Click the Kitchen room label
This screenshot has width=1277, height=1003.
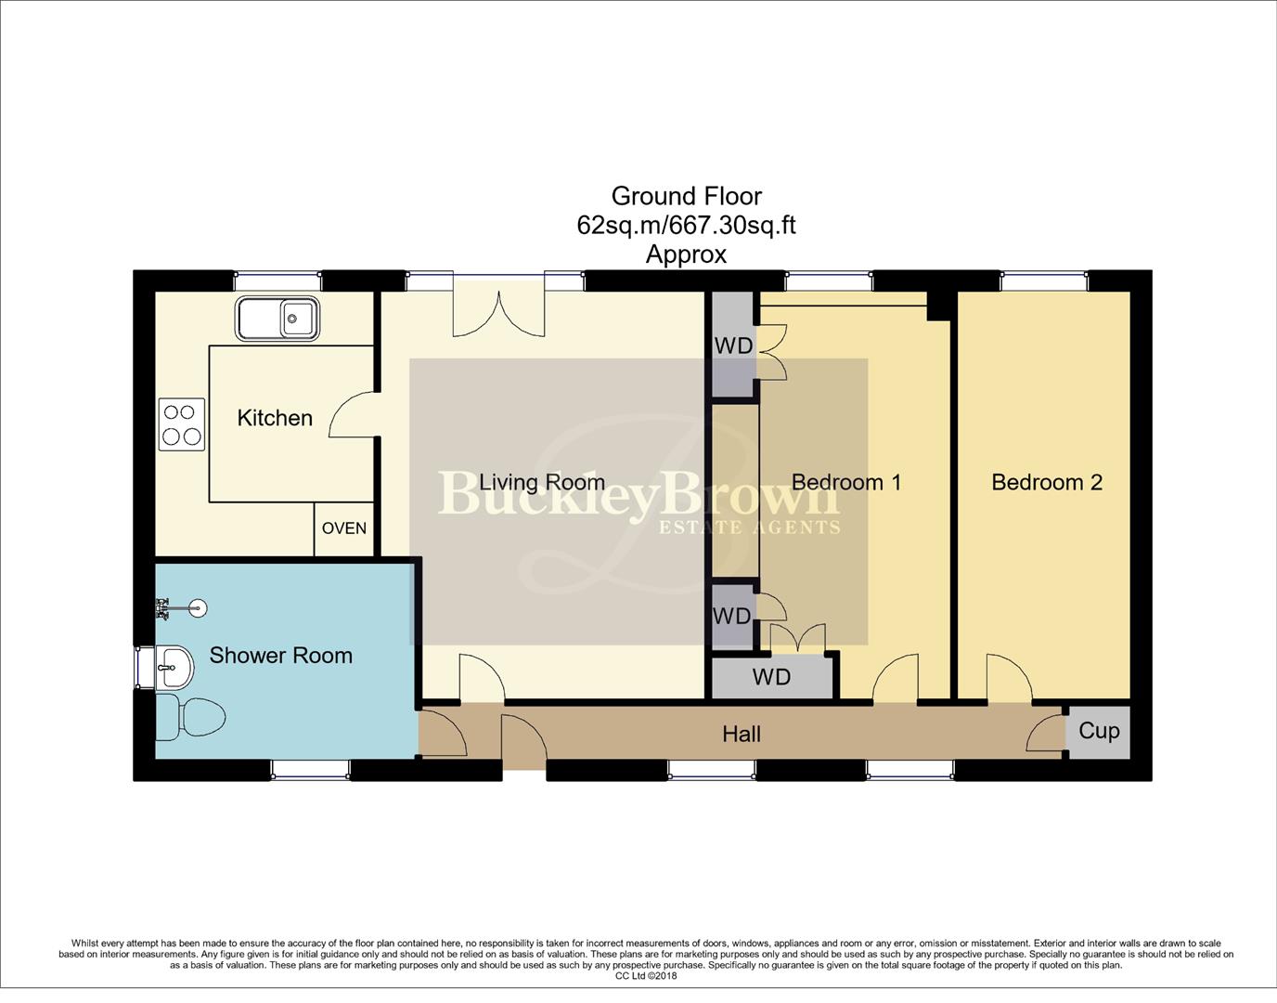point(275,418)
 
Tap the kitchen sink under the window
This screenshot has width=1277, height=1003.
point(277,319)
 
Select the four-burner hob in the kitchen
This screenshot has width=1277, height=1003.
point(182,424)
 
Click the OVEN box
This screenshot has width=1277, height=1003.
point(344,528)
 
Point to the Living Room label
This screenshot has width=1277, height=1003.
point(542,482)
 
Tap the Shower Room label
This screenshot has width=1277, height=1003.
point(280,656)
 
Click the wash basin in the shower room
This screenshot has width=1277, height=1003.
point(174,666)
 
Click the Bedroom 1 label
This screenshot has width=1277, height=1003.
point(845,482)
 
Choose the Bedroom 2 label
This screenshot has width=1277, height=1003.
point(1047,482)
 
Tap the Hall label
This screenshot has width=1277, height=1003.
point(742,735)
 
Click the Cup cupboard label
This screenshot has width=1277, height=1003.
point(1099,731)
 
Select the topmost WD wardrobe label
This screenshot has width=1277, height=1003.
point(733,346)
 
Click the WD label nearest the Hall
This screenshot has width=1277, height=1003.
point(771,677)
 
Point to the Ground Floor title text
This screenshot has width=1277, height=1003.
point(686,196)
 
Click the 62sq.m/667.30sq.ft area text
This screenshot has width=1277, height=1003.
point(686,225)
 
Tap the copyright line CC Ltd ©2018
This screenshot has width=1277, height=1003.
point(646,976)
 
